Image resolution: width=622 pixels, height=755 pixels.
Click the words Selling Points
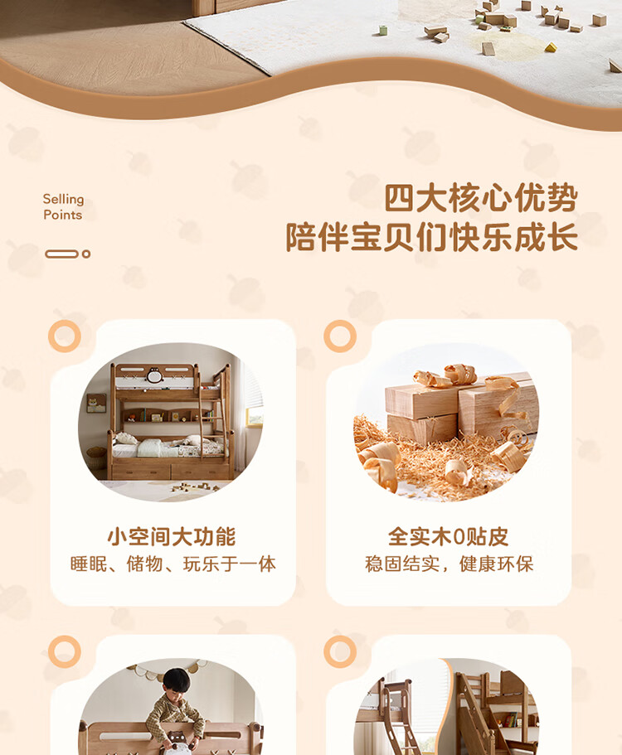coord(63,206)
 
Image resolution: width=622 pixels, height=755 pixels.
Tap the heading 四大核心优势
coord(480,198)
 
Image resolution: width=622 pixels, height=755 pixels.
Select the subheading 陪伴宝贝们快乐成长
coord(432,237)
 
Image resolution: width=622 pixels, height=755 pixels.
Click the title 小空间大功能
coord(172,536)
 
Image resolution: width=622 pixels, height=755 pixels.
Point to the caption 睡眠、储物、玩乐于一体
coord(173,564)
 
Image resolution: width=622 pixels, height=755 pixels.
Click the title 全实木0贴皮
coord(448,536)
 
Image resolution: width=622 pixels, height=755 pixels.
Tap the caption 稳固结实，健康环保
coord(449,564)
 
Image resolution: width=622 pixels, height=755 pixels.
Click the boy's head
coord(176,681)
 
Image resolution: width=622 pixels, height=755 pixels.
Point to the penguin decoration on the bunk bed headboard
coord(154,375)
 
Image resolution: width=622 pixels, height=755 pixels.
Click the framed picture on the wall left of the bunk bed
coord(96,403)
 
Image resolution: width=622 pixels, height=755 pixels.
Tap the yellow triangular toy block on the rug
coord(551,47)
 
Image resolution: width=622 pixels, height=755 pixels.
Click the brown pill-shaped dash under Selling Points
coord(61,254)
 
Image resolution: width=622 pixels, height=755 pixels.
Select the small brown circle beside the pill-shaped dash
coord(86,254)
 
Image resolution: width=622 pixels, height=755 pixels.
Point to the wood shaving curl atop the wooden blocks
coord(460,374)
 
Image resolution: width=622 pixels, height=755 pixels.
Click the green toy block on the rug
coord(383,31)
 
